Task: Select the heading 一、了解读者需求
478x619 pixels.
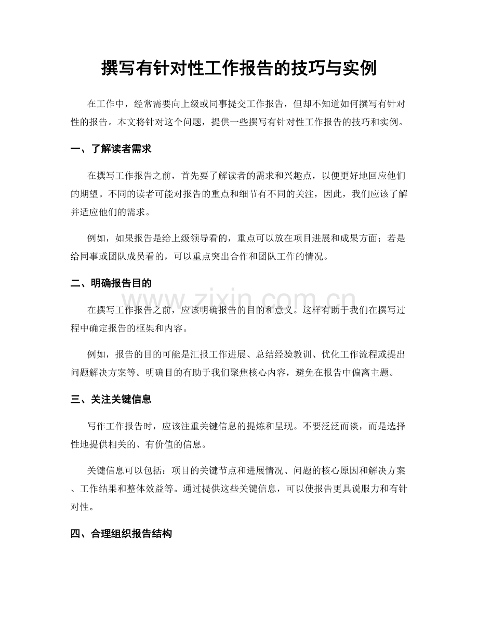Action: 111,149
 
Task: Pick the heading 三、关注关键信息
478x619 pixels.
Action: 111,399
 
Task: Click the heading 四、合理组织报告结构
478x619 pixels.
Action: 121,533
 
